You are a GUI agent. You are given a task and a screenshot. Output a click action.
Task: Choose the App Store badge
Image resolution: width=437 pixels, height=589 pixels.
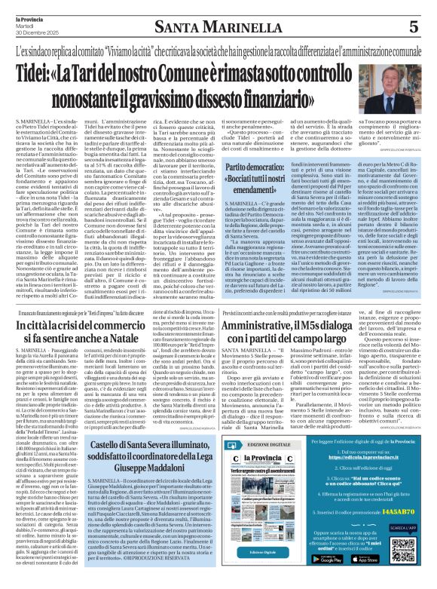(368, 559)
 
